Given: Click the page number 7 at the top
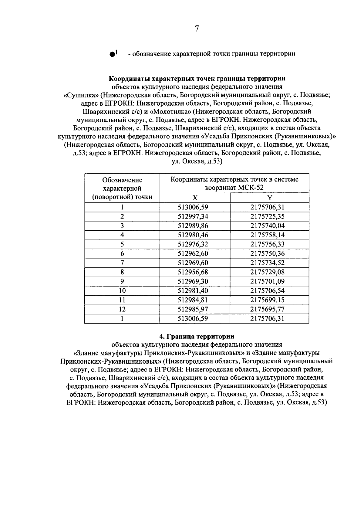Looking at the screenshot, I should click(197, 29).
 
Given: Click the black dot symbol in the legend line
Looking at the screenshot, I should click(112, 54).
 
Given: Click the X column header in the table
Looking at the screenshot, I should click(195, 198).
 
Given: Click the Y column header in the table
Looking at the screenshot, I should click(269, 198).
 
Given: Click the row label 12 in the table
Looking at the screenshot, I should click(122, 309).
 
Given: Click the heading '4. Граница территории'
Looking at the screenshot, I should click(197, 337).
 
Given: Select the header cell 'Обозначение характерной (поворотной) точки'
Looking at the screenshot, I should click(122, 188).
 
